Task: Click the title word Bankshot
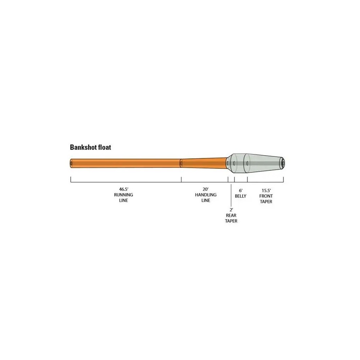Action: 83,147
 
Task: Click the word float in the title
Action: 105,147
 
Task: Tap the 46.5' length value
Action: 124,189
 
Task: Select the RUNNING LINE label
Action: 124,197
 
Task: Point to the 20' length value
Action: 205,189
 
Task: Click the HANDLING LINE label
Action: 206,197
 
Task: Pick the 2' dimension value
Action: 231,210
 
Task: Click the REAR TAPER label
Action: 231,218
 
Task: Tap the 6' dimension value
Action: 241,190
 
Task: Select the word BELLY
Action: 241,196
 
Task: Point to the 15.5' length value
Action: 266,190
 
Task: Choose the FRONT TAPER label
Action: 266,199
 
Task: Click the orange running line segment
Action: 126,163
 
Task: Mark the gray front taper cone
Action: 264,163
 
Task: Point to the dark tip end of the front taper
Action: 283,163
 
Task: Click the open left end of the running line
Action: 71,163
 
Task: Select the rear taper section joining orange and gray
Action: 229,163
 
